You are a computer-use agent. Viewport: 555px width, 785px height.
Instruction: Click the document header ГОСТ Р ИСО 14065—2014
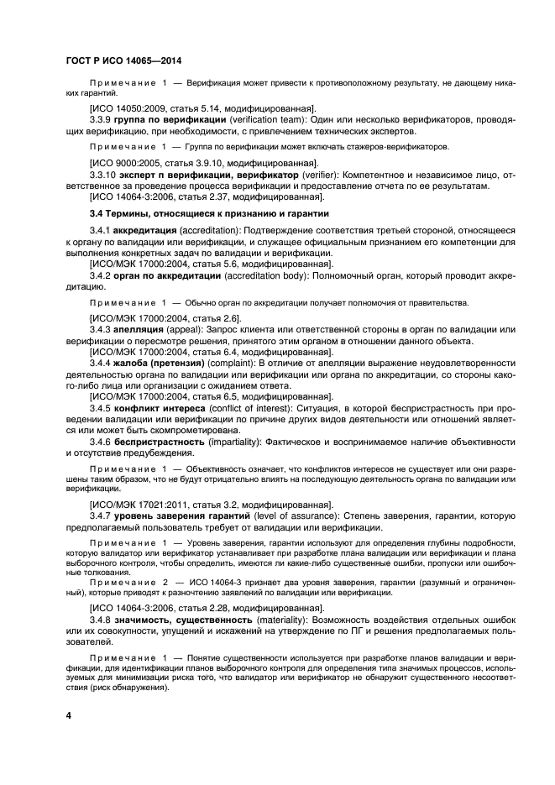[x=124, y=62]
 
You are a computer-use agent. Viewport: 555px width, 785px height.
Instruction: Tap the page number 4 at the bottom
[x=69, y=715]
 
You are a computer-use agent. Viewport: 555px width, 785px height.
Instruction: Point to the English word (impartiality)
[x=243, y=442]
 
